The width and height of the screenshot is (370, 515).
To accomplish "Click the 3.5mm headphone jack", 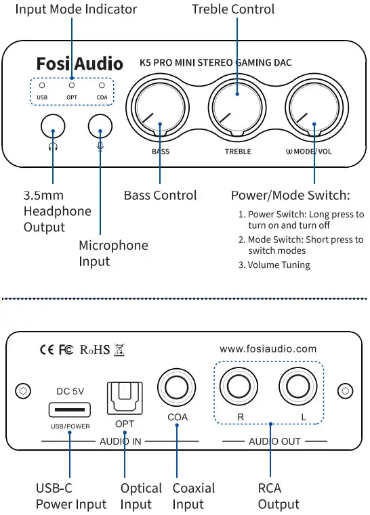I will (x=53, y=125).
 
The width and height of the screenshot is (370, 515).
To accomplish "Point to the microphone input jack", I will (x=100, y=125).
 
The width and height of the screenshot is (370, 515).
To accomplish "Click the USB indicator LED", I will (x=42, y=86).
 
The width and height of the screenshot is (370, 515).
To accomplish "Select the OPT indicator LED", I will (x=72, y=86).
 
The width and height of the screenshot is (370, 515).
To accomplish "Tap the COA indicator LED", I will (x=102, y=86).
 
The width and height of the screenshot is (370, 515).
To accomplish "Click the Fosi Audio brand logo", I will (x=79, y=64).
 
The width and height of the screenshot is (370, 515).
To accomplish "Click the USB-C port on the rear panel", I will (x=70, y=410).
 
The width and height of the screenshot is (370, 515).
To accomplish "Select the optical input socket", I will (x=124, y=399).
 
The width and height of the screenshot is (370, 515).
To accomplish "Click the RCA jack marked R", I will (x=240, y=388).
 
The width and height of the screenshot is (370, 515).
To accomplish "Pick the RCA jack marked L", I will (x=300, y=388).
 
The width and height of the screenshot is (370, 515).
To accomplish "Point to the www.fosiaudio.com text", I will (x=268, y=349).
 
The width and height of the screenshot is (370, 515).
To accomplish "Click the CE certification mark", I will (x=47, y=350).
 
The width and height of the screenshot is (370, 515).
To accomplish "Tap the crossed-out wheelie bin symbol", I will (x=121, y=350).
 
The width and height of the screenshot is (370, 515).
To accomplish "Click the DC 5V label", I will (x=70, y=391).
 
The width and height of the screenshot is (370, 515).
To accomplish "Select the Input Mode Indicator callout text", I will (x=76, y=9).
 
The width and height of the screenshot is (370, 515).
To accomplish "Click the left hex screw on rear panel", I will (x=23, y=391).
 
